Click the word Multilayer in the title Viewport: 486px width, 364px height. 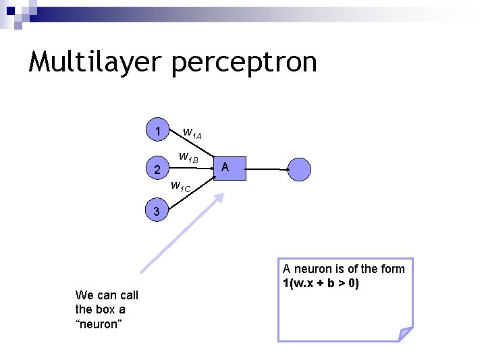[x=95, y=62]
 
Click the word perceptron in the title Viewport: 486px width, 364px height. [x=244, y=62]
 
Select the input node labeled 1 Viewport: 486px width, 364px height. [x=157, y=131]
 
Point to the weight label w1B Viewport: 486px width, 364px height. [x=188, y=158]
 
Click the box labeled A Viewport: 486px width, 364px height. [x=225, y=168]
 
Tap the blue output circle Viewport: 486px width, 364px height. [x=300, y=169]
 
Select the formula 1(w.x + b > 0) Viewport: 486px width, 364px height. [x=321, y=283]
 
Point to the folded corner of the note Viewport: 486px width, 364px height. [x=404, y=333]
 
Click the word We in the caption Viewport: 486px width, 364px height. [x=84, y=295]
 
